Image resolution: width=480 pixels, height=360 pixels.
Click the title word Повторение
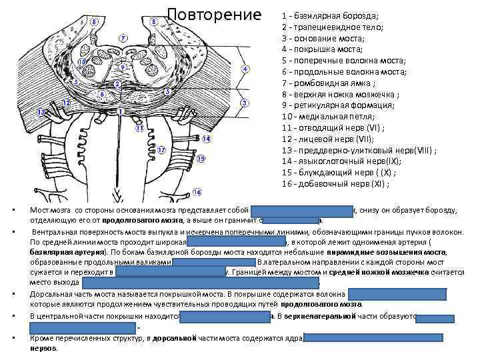(215, 15)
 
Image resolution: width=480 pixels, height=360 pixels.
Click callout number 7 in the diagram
(123, 37)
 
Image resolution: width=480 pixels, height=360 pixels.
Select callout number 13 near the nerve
(41, 113)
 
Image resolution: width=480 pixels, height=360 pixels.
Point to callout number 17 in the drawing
(161, 150)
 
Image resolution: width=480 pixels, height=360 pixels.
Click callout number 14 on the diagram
(206, 139)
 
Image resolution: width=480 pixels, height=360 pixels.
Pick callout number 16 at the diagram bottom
(197, 192)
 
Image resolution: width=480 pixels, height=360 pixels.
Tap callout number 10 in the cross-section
(82, 62)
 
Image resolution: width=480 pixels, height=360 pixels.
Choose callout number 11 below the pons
(140, 127)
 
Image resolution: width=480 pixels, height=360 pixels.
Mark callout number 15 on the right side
(201, 159)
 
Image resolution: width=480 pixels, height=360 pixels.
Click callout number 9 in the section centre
(123, 67)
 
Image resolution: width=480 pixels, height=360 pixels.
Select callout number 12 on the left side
(66, 102)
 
